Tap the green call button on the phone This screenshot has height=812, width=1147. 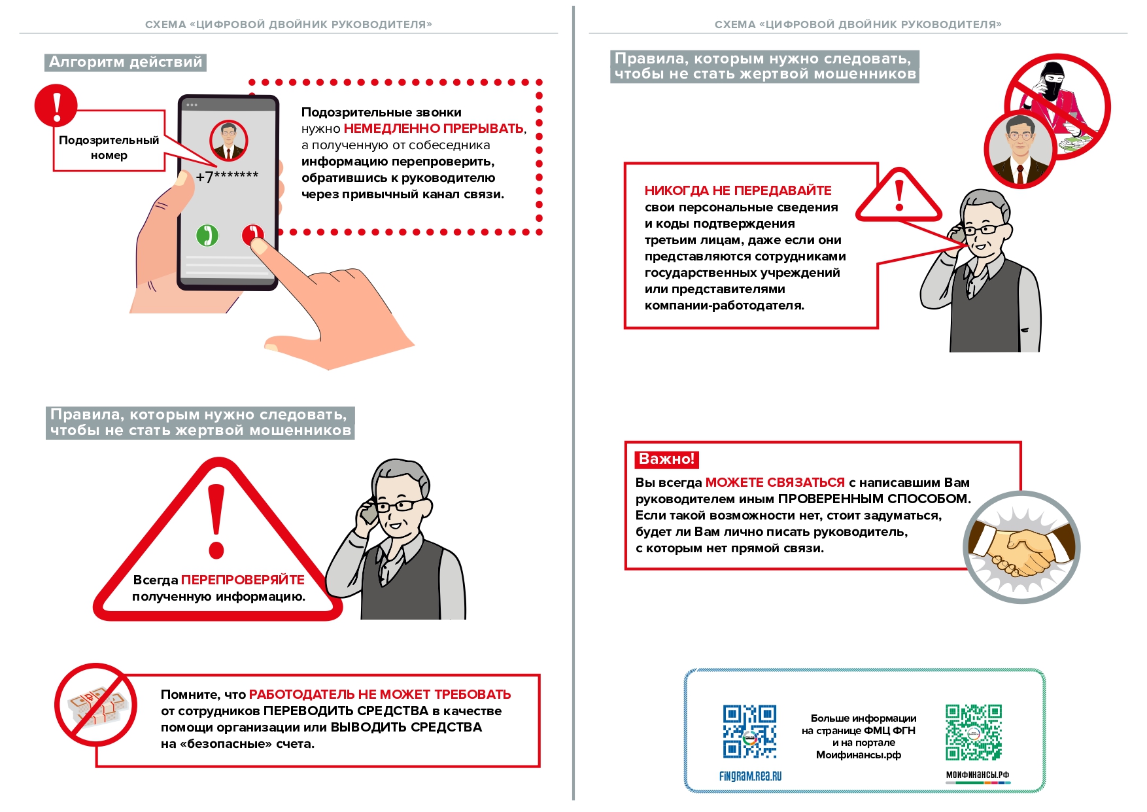pos(207,236)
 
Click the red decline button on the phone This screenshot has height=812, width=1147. pos(252,234)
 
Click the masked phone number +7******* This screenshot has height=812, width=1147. pos(227,177)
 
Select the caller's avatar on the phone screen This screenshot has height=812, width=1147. pos(228,141)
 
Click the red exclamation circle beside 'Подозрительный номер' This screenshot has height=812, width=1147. pos(56,105)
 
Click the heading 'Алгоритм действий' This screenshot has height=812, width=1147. pos(126,62)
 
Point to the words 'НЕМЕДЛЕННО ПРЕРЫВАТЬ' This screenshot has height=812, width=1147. pos(434,129)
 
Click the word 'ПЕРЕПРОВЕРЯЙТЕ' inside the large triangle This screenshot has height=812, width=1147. pos(243,580)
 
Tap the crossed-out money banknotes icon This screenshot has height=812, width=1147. pos(96,706)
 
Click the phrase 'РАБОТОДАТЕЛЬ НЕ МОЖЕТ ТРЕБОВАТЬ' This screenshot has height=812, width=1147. pos(380,694)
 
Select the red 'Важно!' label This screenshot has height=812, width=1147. pos(666,459)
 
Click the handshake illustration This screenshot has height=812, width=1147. pos(1021,547)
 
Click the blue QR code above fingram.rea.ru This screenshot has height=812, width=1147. pos(749,732)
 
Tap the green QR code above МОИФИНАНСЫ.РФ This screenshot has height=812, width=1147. pos(973,732)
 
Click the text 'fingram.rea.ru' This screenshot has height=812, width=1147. pos(750,777)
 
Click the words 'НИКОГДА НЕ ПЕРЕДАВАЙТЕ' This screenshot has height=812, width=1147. pos(738,190)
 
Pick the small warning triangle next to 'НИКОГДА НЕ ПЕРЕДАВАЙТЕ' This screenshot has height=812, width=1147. pos(899,196)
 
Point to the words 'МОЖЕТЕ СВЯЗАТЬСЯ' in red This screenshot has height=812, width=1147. pos(775,482)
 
